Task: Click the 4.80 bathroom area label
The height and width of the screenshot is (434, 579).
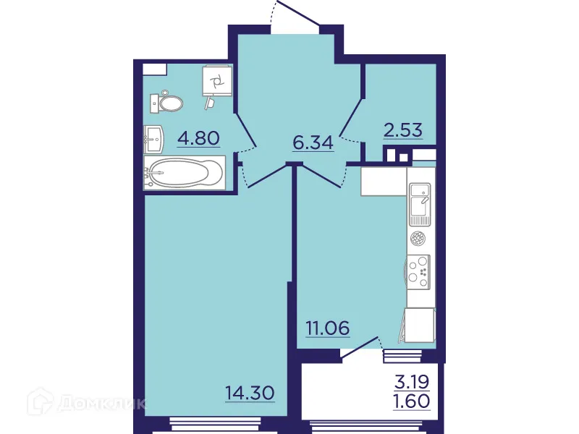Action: pyautogui.click(x=198, y=137)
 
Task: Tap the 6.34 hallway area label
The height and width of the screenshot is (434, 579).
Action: pyautogui.click(x=313, y=142)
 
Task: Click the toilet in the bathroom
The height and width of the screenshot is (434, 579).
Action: pyautogui.click(x=167, y=103)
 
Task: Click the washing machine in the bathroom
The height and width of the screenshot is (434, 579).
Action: pyautogui.click(x=218, y=81)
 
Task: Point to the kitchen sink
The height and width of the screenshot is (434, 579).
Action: pyautogui.click(x=420, y=203)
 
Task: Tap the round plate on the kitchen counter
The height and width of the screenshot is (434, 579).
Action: pyautogui.click(x=419, y=238)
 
